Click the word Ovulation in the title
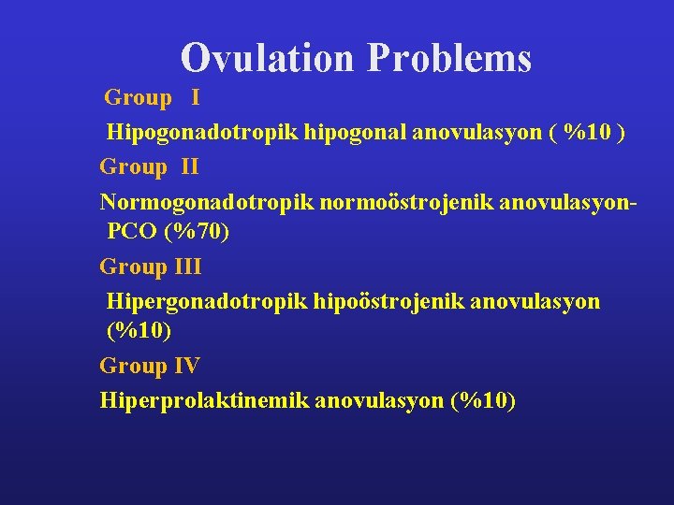click(268, 57)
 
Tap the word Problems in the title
click(450, 57)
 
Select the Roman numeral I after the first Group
click(195, 97)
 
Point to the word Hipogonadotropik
click(202, 133)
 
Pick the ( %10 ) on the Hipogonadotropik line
click(589, 133)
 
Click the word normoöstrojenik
click(400, 202)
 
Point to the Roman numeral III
click(186, 267)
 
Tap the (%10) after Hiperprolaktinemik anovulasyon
click(482, 400)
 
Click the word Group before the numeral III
click(134, 267)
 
